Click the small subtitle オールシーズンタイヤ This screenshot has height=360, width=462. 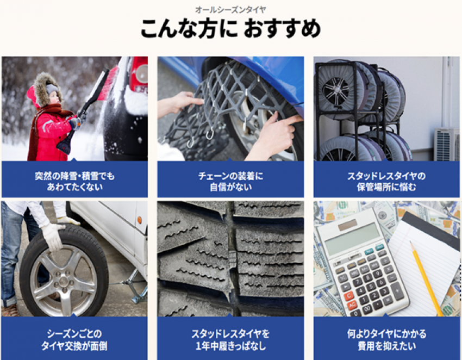230,10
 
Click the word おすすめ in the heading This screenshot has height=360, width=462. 282,29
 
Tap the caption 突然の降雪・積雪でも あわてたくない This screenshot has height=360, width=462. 74,181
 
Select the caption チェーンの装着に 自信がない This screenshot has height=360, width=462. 230,181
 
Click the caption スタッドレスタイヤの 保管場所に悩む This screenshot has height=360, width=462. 386,181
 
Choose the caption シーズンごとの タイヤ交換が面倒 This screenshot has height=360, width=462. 74,340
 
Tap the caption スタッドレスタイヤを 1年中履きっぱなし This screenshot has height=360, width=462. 230,340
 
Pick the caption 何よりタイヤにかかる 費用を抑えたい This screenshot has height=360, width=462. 386,340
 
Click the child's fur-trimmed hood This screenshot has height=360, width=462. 47,89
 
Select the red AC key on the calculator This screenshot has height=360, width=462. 352,305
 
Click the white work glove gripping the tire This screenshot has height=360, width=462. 53,236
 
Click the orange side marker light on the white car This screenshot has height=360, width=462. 139,220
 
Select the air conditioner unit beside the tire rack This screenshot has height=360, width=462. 447,145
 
